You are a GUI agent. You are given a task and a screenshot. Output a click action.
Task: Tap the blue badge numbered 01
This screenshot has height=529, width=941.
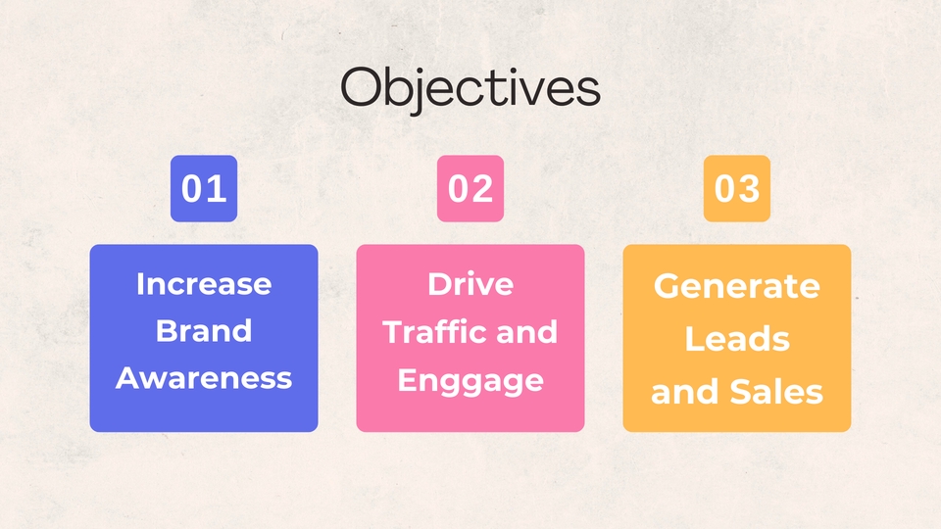(x=204, y=188)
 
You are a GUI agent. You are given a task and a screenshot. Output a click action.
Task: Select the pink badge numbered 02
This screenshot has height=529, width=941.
(x=470, y=188)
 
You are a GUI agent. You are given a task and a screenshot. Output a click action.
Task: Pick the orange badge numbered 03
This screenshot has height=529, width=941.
(x=737, y=188)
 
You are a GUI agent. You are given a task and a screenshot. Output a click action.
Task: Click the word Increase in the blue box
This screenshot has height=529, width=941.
(x=204, y=284)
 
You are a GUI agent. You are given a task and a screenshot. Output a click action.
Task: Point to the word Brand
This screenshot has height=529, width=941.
(x=204, y=331)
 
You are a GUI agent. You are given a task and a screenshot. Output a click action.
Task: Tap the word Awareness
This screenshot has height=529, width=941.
(x=204, y=378)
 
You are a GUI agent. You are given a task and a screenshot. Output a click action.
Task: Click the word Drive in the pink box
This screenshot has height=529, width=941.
(x=470, y=284)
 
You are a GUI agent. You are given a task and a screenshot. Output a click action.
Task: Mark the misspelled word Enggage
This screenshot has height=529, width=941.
(x=470, y=379)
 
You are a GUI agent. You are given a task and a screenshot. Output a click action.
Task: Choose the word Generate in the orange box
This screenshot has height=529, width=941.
(x=737, y=286)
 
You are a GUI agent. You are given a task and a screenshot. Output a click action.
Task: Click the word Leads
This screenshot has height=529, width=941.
(x=737, y=339)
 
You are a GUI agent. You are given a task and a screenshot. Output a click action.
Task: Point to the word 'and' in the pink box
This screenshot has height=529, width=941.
(x=526, y=331)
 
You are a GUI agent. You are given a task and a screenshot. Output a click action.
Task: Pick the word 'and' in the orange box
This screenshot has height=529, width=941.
(x=683, y=392)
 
